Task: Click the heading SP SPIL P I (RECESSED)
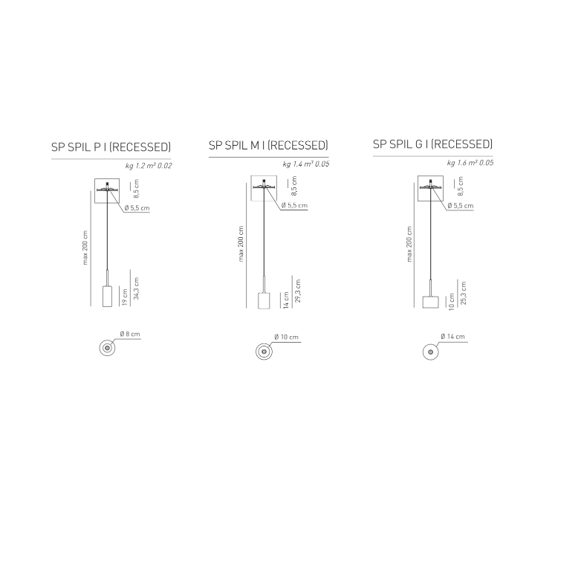[111, 147]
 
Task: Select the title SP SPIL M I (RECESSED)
[268, 145]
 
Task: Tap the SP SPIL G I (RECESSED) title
[432, 144]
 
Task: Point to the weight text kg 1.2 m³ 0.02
[149, 166]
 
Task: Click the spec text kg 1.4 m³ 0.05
[306, 164]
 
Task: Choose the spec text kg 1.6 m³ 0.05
[470, 163]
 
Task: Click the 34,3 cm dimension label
[136, 288]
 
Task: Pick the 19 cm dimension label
[125, 297]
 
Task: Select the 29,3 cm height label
[298, 291]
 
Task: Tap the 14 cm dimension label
[286, 300]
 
